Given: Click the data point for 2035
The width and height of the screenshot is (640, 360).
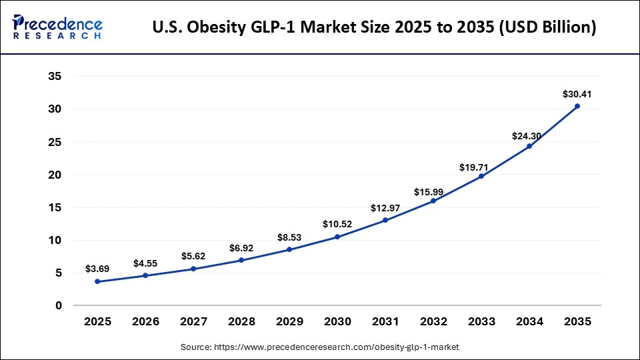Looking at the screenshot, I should pyautogui.click(x=577, y=106).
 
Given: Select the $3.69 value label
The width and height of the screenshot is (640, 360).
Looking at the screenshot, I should pyautogui.click(x=97, y=269).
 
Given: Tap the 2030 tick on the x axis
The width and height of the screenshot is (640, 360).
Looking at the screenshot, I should pyautogui.click(x=337, y=322).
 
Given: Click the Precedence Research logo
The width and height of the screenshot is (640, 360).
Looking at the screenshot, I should pyautogui.click(x=57, y=26).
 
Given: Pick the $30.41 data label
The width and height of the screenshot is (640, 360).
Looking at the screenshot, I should pyautogui.click(x=577, y=94).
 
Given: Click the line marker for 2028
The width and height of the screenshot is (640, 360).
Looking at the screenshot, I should pyautogui.click(x=241, y=260).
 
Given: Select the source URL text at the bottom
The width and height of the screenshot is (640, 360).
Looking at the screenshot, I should pyautogui.click(x=320, y=347).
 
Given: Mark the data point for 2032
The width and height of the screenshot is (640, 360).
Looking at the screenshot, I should pyautogui.click(x=433, y=201).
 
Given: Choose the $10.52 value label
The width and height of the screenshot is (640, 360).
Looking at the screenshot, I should pyautogui.click(x=337, y=224).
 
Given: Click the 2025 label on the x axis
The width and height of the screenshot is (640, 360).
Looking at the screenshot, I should pyautogui.click(x=97, y=322).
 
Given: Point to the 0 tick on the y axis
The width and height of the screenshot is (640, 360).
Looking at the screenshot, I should pyautogui.click(x=59, y=306).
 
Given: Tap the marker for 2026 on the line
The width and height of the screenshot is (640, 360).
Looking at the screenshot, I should pyautogui.click(x=145, y=275).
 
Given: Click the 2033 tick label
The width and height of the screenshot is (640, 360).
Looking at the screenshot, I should pyautogui.click(x=481, y=322).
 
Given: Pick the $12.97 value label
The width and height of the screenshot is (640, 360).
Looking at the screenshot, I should pyautogui.click(x=385, y=208).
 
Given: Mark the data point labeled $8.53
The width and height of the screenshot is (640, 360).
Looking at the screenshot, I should pyautogui.click(x=289, y=249).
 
